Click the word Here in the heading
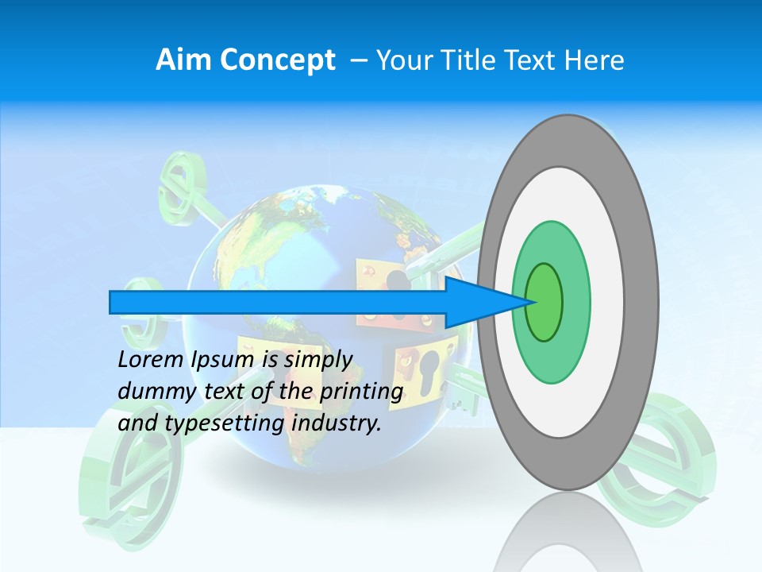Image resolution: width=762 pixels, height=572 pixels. [594, 60]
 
